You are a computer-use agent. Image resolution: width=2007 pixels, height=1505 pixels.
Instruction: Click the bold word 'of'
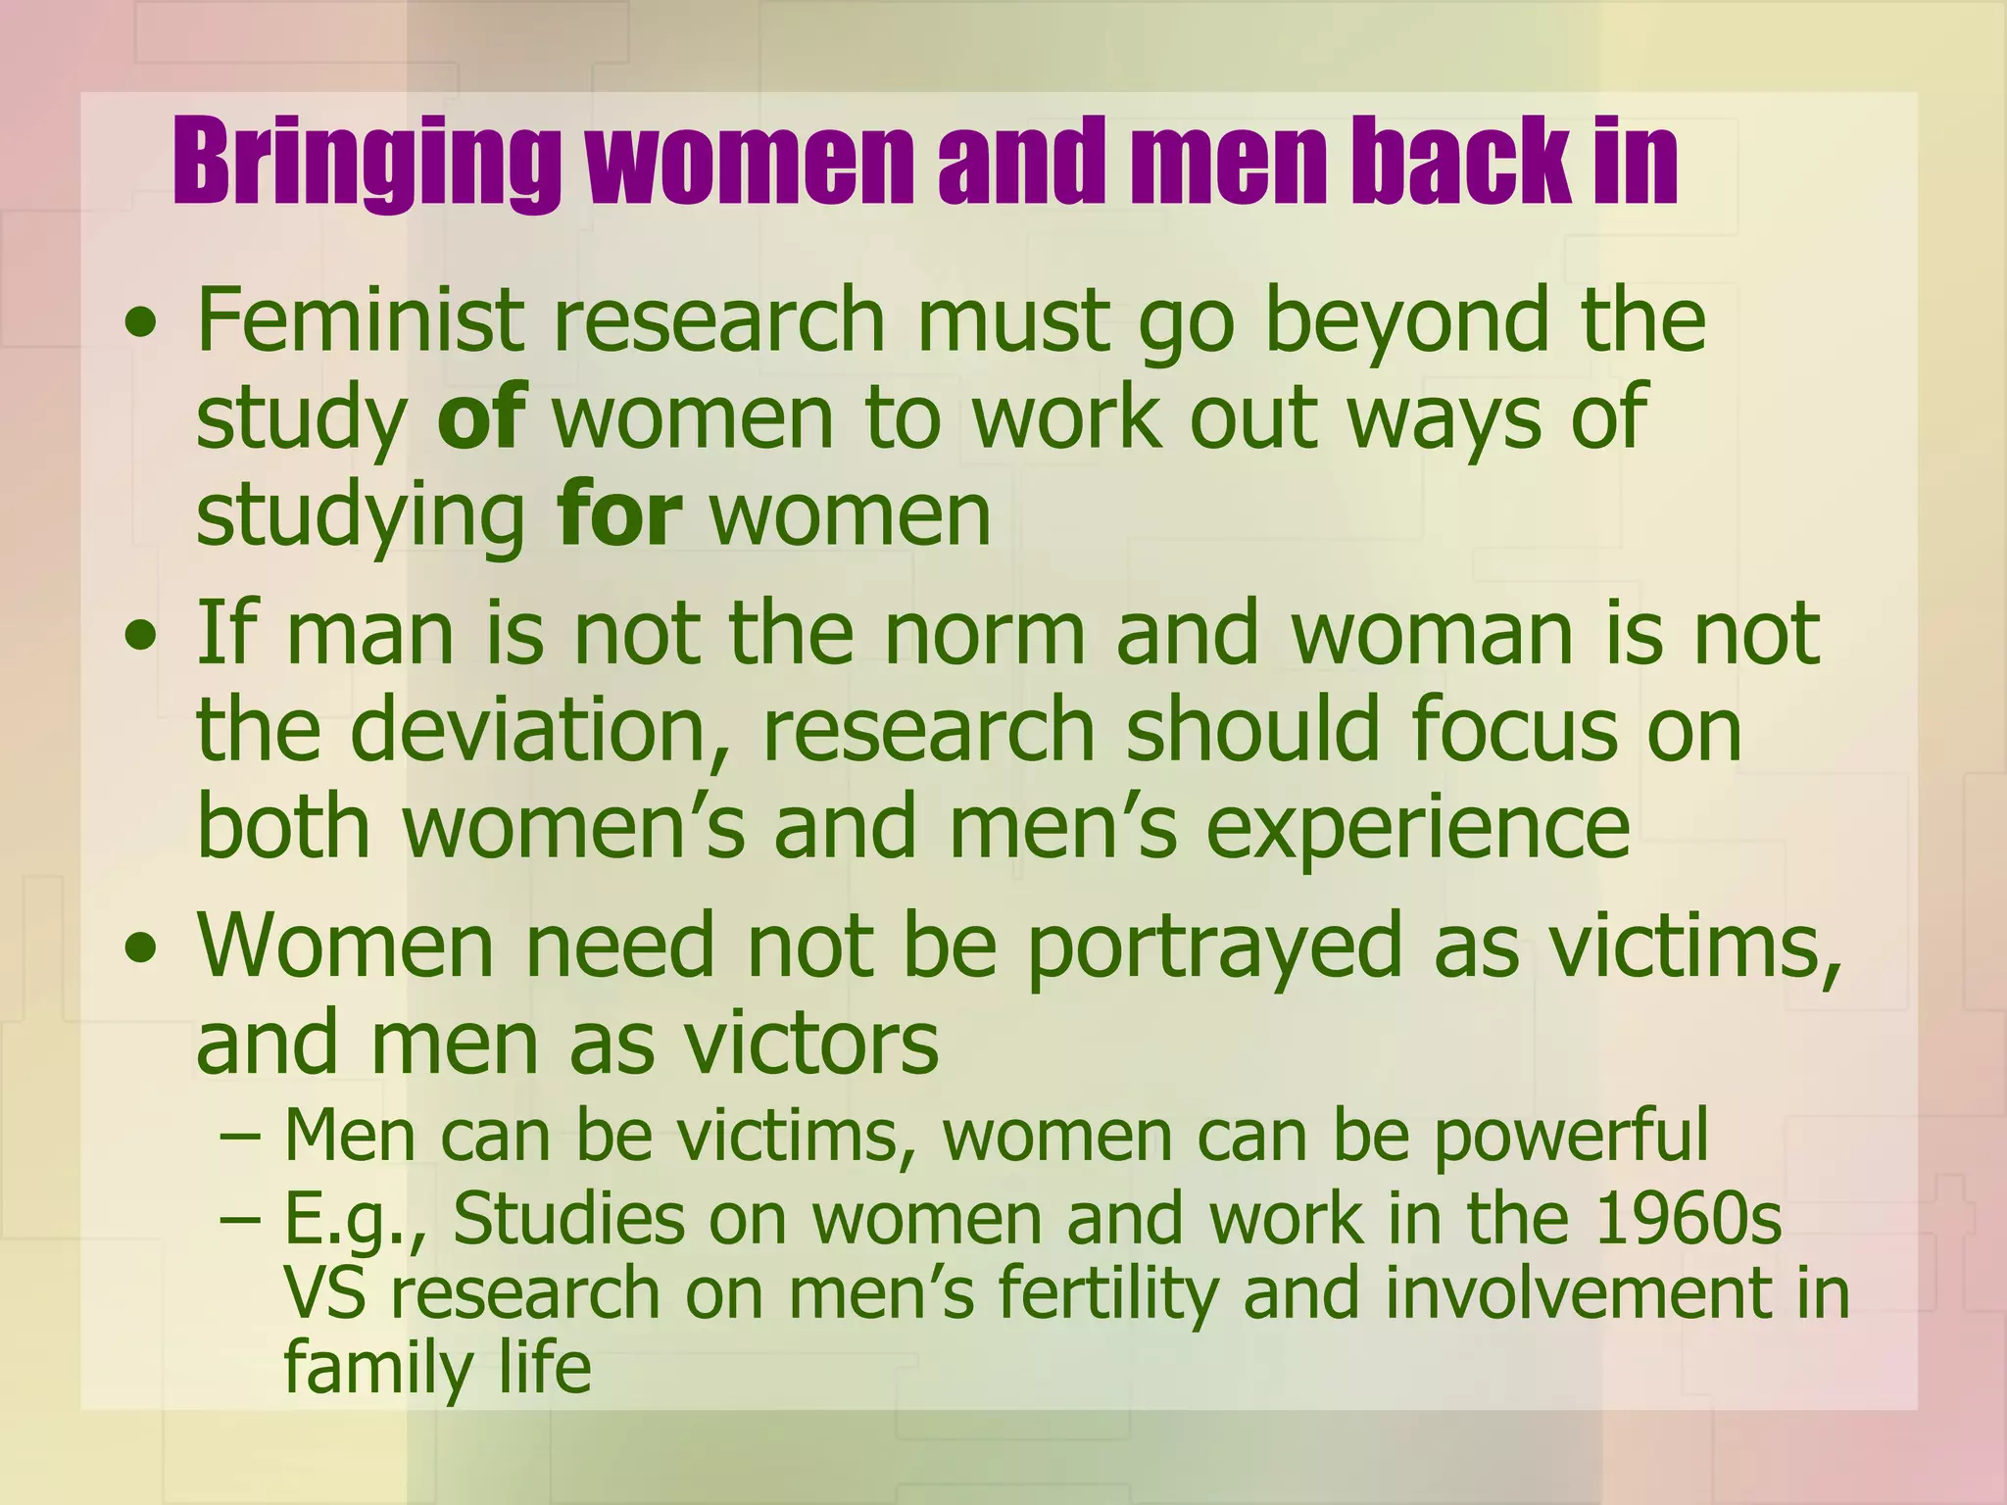[x=481, y=416]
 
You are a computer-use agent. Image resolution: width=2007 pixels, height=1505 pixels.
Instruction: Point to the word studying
[x=362, y=516]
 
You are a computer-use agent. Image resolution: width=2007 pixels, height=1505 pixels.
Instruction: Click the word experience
[x=1418, y=829]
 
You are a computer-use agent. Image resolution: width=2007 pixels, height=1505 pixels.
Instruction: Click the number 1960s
[x=1689, y=1219]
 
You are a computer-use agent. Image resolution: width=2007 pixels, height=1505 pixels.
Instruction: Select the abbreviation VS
[x=324, y=1293]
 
